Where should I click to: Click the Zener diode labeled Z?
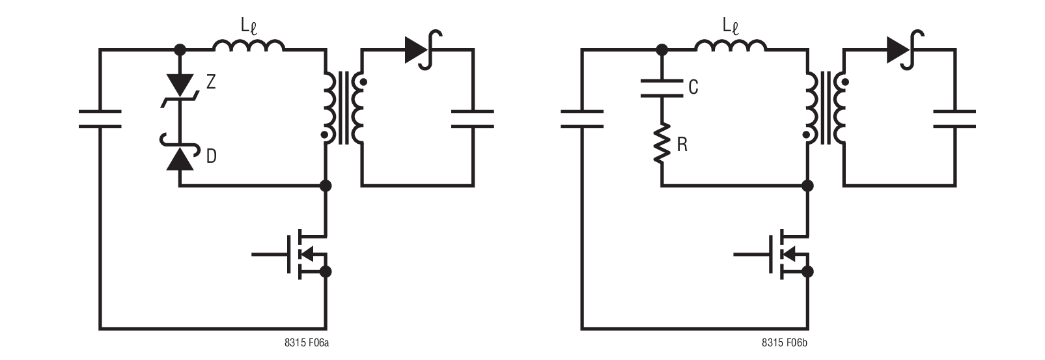[x=180, y=87]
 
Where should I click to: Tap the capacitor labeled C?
[x=662, y=87]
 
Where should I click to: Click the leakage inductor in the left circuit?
[x=248, y=45]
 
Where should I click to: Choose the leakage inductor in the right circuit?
[x=730, y=45]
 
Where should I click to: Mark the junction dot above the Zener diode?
[x=180, y=49]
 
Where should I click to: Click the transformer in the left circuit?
[x=343, y=108]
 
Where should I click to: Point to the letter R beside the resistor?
[x=682, y=145]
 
